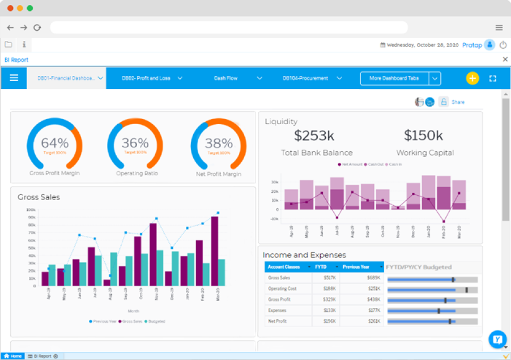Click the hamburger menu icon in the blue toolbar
pyautogui.click(x=14, y=78)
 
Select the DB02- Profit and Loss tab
pyautogui.click(x=146, y=78)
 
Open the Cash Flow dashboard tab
pyautogui.click(x=225, y=78)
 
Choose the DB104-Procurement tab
pyautogui.click(x=305, y=78)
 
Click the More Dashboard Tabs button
pyautogui.click(x=394, y=78)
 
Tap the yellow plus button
pyautogui.click(x=472, y=78)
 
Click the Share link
pyautogui.click(x=458, y=102)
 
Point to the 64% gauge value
pyautogui.click(x=54, y=143)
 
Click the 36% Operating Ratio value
pyautogui.click(x=135, y=143)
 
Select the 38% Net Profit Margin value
pyautogui.click(x=218, y=143)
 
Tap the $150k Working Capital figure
pyautogui.click(x=424, y=135)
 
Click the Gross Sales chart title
pyautogui.click(x=39, y=197)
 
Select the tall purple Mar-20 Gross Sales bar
pyautogui.click(x=215, y=251)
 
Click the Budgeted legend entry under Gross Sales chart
pyautogui.click(x=156, y=321)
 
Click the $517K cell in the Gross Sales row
pyautogui.click(x=329, y=278)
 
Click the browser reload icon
pyautogui.click(x=37, y=27)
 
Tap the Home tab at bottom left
pyautogui.click(x=13, y=356)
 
